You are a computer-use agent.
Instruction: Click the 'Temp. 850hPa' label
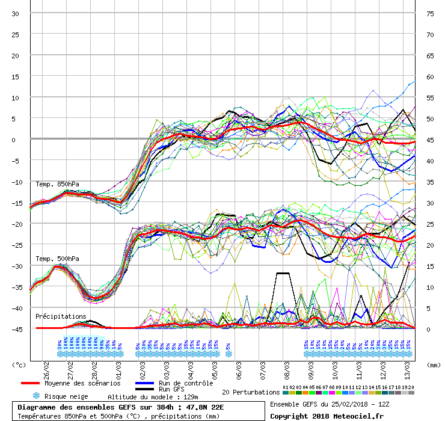coord(57,184)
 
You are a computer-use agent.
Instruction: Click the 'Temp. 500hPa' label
coord(57,259)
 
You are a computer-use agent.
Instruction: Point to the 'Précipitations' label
coord(60,316)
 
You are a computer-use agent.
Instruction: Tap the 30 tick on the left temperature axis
coord(15,14)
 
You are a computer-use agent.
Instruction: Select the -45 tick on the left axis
coord(15,329)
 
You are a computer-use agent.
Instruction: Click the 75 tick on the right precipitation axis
coord(430,14)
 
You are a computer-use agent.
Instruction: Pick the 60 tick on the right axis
coord(430,77)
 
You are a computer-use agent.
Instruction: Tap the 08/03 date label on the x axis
coord(286,366)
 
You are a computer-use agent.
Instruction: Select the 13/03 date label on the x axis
coord(407,366)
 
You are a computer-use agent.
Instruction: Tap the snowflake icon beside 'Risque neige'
coord(35,396)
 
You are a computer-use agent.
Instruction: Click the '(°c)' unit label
coord(19,364)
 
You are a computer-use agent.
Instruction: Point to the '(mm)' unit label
coord(433,364)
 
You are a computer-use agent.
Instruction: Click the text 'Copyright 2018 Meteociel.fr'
coord(326,416)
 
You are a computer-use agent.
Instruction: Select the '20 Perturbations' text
coord(251,392)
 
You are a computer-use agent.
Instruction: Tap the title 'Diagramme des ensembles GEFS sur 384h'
coord(100,407)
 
